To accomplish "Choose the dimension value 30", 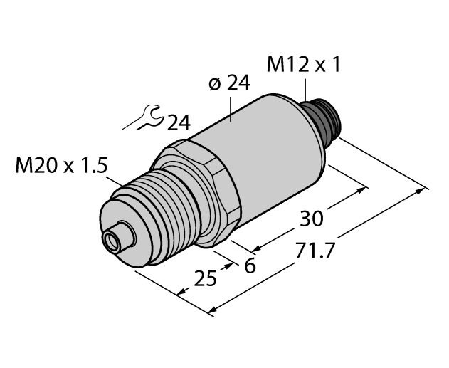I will (x=311, y=219).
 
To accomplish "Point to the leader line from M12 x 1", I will (x=305, y=88).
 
